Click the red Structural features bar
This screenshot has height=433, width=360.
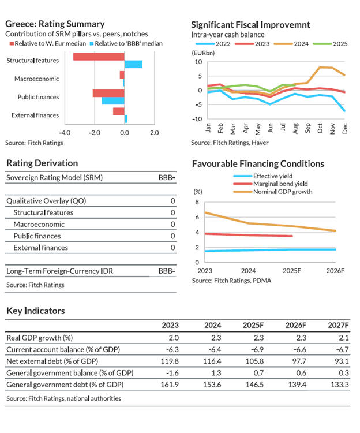click(99, 57)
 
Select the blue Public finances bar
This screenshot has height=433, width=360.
click(113, 100)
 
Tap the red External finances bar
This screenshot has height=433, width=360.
click(118, 111)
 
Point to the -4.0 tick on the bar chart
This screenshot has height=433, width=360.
click(65, 132)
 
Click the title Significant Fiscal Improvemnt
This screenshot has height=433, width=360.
click(250, 24)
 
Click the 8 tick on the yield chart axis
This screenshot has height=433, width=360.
click(197, 202)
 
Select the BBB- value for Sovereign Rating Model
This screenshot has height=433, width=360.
click(166, 178)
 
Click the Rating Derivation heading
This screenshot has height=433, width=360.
click(42, 163)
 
